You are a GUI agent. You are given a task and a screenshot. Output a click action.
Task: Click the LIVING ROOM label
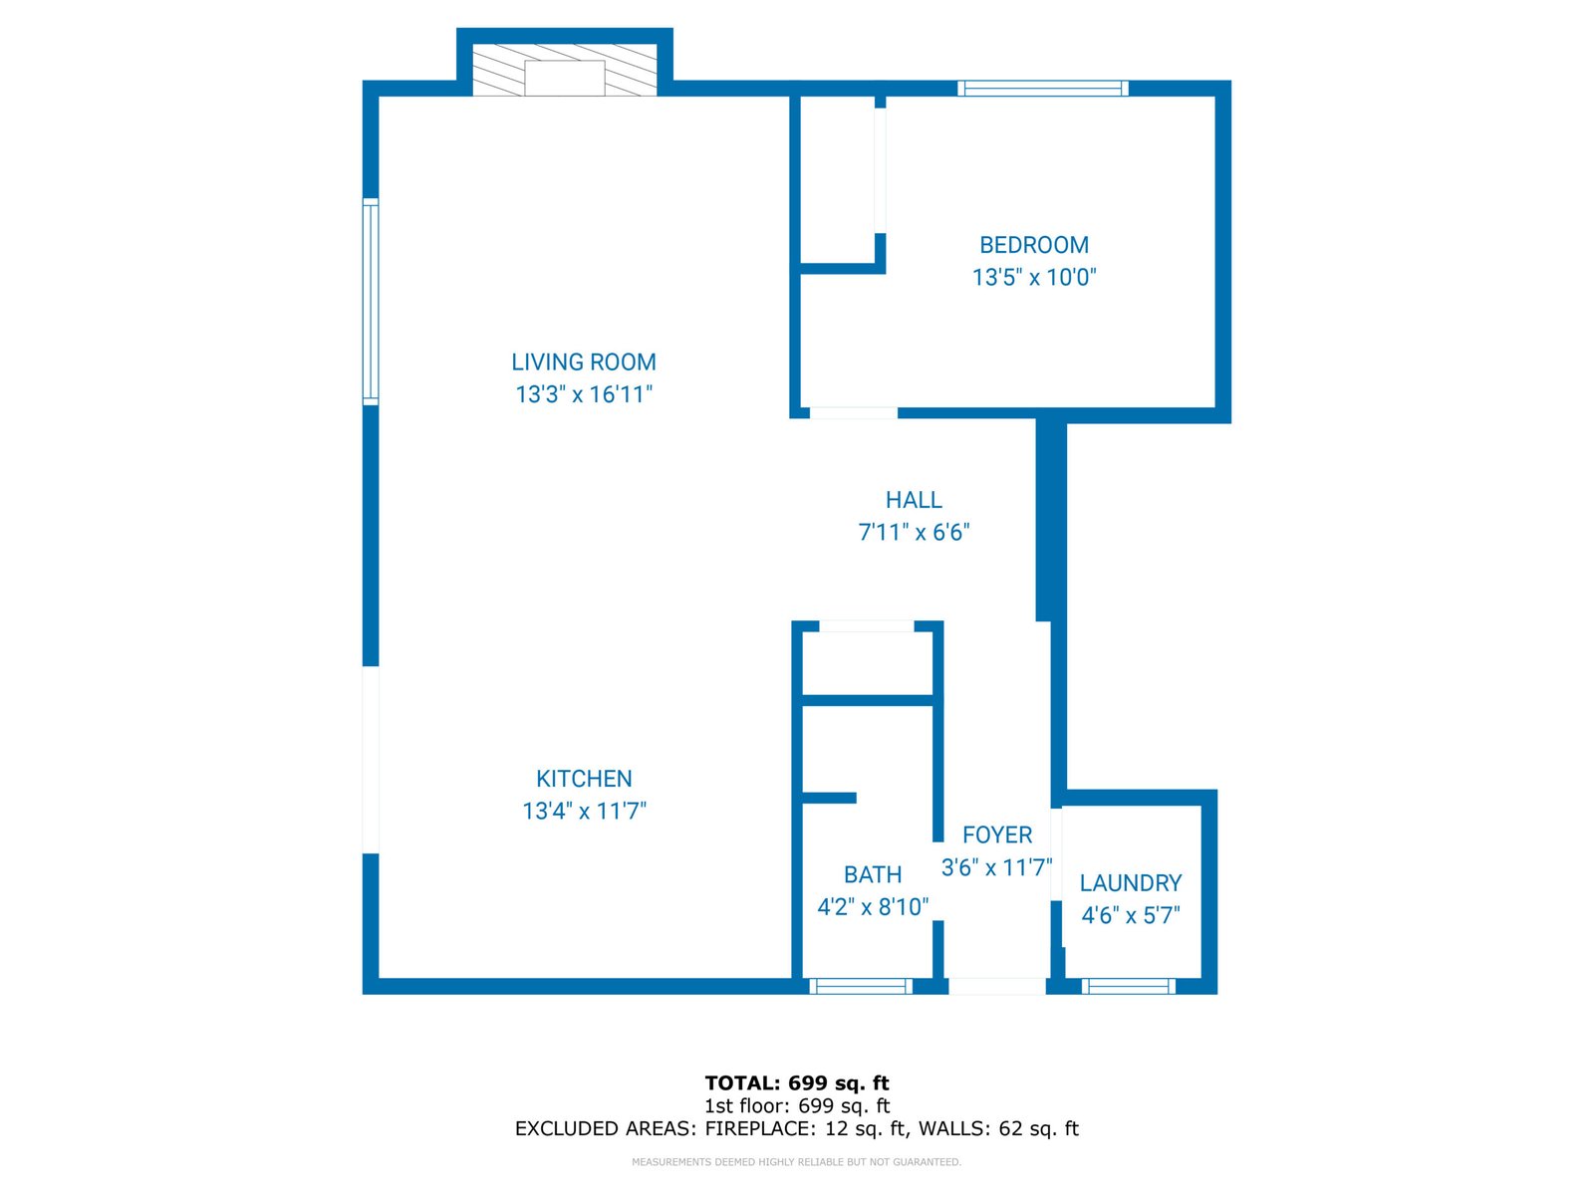point(584,362)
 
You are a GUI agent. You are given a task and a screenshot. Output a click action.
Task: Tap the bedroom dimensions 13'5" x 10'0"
point(1034,277)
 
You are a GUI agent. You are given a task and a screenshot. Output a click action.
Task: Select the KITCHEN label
point(584,779)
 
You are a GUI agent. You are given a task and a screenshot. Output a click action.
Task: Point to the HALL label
point(914,500)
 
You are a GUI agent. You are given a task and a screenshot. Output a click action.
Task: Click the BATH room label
point(873,874)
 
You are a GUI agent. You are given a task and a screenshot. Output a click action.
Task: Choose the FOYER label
point(997,835)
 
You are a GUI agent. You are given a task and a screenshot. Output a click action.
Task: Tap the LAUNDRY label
point(1131,883)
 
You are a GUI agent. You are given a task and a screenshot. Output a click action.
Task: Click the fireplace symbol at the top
point(565,71)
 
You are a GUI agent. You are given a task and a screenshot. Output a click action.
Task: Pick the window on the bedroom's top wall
point(1043,89)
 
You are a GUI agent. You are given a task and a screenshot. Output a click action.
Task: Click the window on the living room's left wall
point(371,302)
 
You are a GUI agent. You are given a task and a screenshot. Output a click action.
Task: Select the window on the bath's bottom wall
point(861,986)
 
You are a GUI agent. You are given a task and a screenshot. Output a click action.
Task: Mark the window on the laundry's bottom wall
point(1129,986)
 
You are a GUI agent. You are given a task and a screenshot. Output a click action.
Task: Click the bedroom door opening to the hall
point(853,412)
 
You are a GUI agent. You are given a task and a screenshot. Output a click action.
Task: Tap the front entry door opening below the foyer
point(996,986)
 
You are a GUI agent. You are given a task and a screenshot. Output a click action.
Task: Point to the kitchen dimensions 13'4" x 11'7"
point(584,811)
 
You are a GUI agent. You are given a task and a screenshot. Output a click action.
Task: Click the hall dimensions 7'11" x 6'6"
point(914,532)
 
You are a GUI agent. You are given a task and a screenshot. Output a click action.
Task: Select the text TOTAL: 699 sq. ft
point(796,1082)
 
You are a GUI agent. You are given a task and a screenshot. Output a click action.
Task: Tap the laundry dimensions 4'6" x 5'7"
point(1131,915)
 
